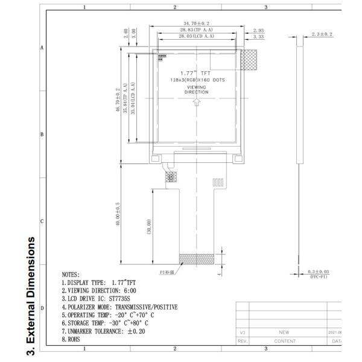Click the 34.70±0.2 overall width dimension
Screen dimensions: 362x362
[x=198, y=24]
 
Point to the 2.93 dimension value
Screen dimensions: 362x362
[x=259, y=30]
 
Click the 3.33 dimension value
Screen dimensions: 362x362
[x=259, y=37]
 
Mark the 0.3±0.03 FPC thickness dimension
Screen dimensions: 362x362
[x=319, y=273]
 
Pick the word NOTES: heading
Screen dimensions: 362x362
[x=75, y=275]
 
